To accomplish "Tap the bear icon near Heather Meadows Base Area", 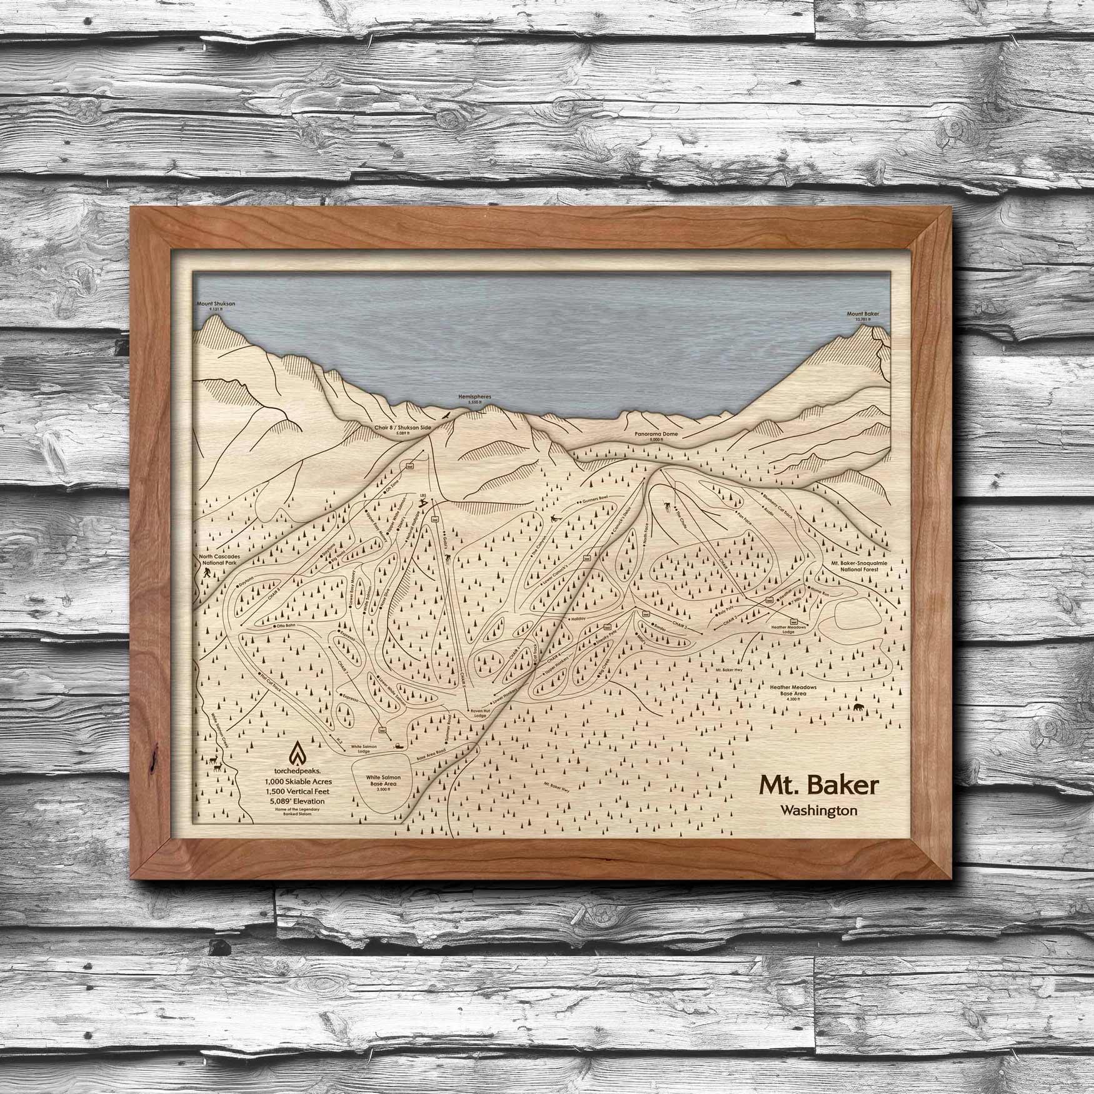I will tap(859, 709).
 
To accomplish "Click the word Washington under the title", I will tap(818, 810).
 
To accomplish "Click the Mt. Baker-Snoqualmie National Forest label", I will tap(863, 567).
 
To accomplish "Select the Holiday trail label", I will tap(576, 619).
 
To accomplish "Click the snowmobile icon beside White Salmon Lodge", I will tap(396, 745).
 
